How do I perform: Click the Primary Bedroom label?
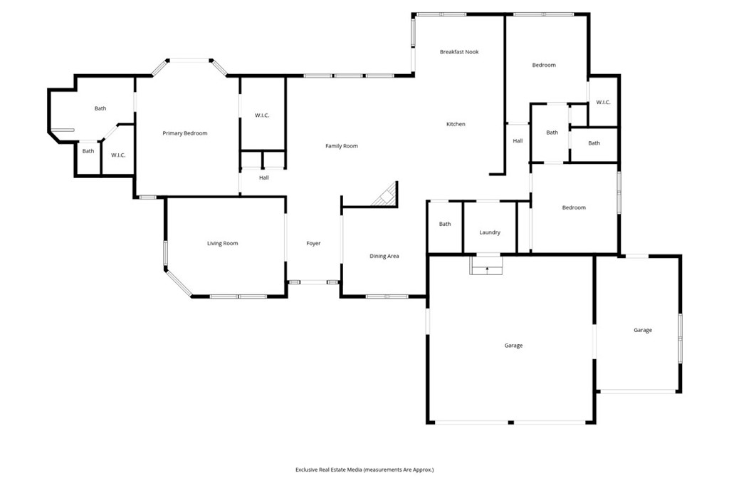click(x=184, y=133)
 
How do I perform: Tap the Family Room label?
click(x=342, y=145)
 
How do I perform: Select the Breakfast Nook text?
click(x=459, y=52)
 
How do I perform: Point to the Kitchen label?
click(x=456, y=124)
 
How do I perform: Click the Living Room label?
click(x=222, y=243)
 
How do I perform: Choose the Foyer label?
click(x=313, y=243)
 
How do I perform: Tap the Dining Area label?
click(x=384, y=256)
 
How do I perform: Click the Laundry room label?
click(x=490, y=232)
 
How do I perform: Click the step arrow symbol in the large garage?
click(x=487, y=269)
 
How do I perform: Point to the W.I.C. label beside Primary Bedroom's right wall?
click(x=262, y=115)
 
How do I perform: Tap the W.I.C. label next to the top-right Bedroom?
click(x=603, y=102)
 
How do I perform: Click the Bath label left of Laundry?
click(x=445, y=224)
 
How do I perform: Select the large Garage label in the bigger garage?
click(x=513, y=346)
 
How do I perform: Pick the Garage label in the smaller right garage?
click(x=643, y=330)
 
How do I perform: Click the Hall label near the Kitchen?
click(x=518, y=140)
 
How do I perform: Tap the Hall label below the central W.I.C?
click(x=263, y=177)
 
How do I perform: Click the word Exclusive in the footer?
click(x=307, y=470)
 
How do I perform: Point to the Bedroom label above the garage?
click(x=574, y=207)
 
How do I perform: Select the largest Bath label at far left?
click(x=100, y=108)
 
